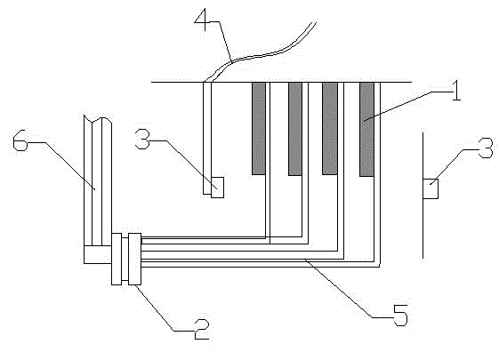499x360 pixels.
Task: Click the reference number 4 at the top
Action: pyautogui.click(x=201, y=19)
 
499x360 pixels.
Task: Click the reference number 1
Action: pyautogui.click(x=456, y=91)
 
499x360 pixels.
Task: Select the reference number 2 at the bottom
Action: pyautogui.click(x=202, y=329)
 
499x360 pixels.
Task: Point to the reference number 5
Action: pyautogui.click(x=400, y=315)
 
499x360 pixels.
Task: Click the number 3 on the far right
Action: pyautogui.click(x=486, y=148)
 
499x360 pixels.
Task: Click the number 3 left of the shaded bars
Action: pyautogui.click(x=142, y=139)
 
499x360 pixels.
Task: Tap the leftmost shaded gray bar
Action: pyautogui.click(x=259, y=128)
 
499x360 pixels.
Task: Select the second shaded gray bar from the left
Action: pyautogui.click(x=295, y=129)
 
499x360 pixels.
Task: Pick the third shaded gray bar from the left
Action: pyautogui.click(x=330, y=128)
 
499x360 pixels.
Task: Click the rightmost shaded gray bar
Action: pyautogui.click(x=366, y=129)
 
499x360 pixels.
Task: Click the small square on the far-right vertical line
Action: pyautogui.click(x=431, y=189)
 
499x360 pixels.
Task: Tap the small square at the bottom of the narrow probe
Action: pyautogui.click(x=217, y=188)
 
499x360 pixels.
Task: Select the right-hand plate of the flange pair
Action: pyautogui.click(x=134, y=259)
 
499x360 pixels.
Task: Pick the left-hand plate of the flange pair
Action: pyautogui.click(x=117, y=259)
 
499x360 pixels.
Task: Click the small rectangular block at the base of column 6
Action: pyautogui.click(x=98, y=254)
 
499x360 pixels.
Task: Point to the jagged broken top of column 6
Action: pyautogui.click(x=98, y=119)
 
